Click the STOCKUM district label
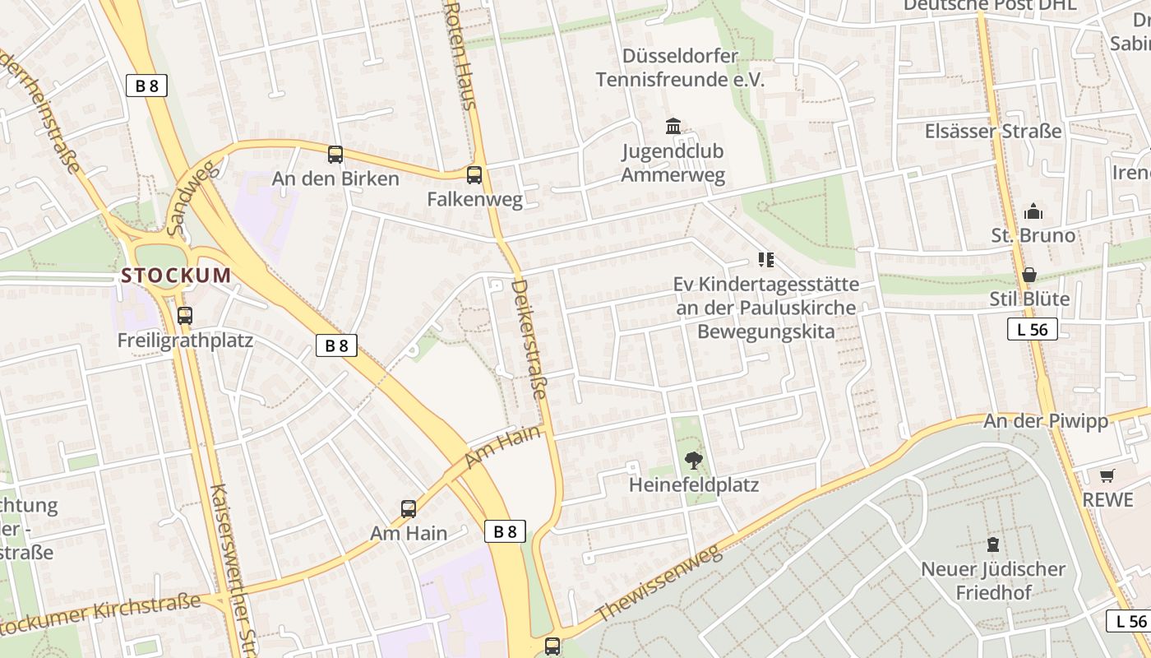(176, 276)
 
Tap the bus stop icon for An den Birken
(335, 154)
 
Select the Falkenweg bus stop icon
(474, 174)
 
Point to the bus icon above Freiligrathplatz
(185, 315)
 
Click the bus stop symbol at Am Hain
(409, 508)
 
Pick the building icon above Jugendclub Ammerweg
(673, 127)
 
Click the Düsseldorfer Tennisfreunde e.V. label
(680, 67)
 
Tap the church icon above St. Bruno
(1033, 211)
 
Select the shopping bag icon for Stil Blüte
(1029, 274)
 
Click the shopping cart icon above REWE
(1107, 475)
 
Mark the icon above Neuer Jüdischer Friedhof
(993, 544)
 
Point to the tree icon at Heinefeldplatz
(694, 461)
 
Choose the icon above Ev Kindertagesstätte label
(766, 261)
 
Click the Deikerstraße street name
(529, 339)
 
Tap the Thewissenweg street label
(658, 585)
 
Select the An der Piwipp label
(1046, 421)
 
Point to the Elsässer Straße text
(993, 131)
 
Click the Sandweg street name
(189, 197)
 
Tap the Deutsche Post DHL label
(990, 5)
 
